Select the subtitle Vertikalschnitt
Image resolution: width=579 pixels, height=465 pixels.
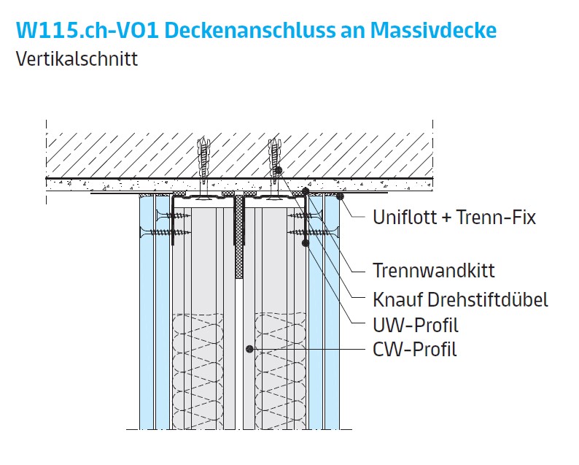(77, 59)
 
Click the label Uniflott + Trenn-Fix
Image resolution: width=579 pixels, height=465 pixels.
(454, 217)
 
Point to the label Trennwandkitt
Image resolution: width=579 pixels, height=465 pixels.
(434, 271)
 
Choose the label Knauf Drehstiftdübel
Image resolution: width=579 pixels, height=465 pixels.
(460, 299)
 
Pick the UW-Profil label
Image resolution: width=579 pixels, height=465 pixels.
(416, 325)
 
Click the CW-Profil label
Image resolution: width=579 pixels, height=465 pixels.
(415, 350)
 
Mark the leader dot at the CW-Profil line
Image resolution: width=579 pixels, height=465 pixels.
(249, 350)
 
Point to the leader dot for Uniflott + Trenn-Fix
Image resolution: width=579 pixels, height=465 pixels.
(341, 196)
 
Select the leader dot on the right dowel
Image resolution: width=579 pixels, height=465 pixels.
(279, 170)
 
